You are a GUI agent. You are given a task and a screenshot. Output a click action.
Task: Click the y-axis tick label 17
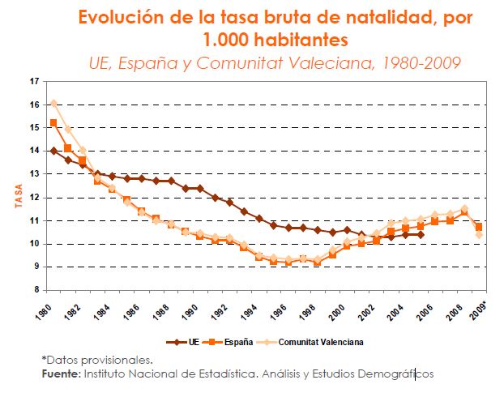33,82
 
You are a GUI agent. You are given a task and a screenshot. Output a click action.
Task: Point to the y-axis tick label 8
36,290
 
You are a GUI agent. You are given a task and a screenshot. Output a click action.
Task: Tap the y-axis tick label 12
33,198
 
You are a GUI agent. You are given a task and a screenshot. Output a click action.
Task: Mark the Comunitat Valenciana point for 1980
53,103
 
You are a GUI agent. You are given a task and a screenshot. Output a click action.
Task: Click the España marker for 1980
53,123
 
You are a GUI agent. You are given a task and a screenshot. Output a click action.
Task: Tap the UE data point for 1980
53,151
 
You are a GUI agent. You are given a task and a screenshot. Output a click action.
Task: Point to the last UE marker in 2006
421,234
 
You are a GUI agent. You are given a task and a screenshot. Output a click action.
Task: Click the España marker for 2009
479,227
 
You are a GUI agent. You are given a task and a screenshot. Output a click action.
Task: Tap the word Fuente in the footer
60,374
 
